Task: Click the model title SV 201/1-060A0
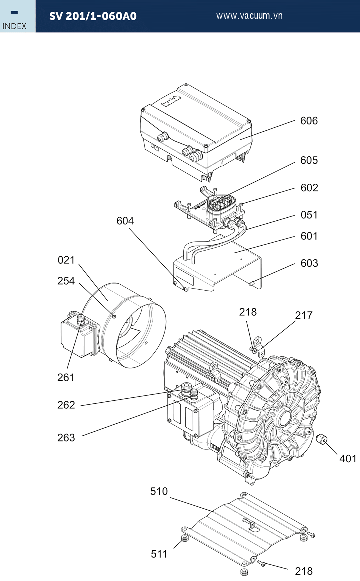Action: point(93,16)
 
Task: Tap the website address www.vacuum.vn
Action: point(249,16)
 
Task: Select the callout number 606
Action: point(309,121)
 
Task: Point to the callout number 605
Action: point(309,160)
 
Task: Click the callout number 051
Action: point(309,215)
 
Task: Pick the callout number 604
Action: point(125,221)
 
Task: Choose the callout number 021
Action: point(66,260)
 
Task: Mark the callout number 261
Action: point(66,377)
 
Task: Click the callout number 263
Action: point(66,437)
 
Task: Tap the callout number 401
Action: point(348,458)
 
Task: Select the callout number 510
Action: point(159,491)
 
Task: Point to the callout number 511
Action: point(159,554)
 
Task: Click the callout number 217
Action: point(303,315)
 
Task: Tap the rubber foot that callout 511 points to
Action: point(185,538)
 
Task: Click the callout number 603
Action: point(309,263)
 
